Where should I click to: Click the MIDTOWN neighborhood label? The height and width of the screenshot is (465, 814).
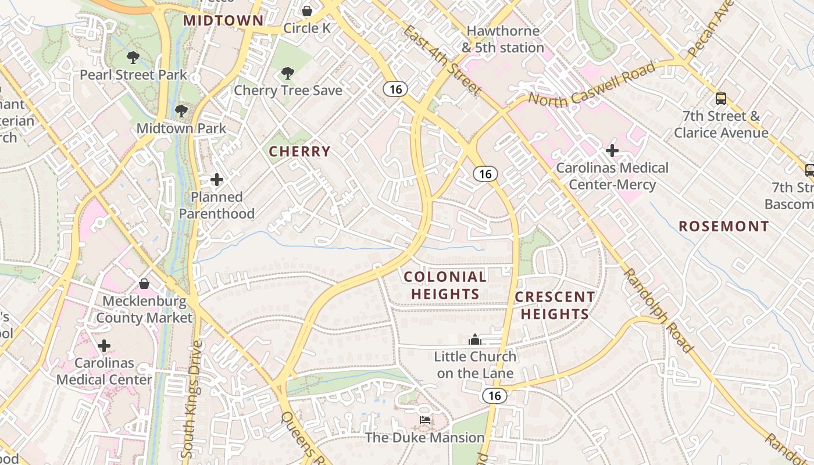click(x=224, y=20)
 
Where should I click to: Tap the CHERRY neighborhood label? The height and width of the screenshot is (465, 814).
click(x=299, y=152)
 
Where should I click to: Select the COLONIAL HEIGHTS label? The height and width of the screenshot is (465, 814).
click(x=445, y=285)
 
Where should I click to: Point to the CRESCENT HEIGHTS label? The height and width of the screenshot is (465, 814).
click(x=555, y=306)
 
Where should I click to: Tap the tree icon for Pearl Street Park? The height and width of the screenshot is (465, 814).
click(x=133, y=58)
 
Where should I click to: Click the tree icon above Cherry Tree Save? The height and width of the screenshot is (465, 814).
click(x=287, y=73)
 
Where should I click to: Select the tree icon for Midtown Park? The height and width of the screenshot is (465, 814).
click(x=181, y=110)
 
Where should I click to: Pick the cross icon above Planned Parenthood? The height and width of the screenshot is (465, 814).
click(x=217, y=180)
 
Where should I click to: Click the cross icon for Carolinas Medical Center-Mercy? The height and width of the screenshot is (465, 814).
click(x=612, y=151)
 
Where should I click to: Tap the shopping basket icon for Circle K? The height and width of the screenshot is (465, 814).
click(x=306, y=11)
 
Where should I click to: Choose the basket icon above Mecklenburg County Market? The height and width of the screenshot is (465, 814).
click(x=144, y=284)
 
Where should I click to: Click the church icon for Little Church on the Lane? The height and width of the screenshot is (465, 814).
click(x=475, y=339)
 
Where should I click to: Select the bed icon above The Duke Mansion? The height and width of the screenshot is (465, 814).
click(x=425, y=420)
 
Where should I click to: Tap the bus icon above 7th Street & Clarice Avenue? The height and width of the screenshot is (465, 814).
click(x=721, y=99)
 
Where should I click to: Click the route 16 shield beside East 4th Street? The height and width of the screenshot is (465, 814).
click(x=395, y=89)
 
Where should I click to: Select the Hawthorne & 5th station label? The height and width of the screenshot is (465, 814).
click(x=503, y=39)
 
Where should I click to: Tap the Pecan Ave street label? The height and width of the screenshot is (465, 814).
click(x=706, y=32)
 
